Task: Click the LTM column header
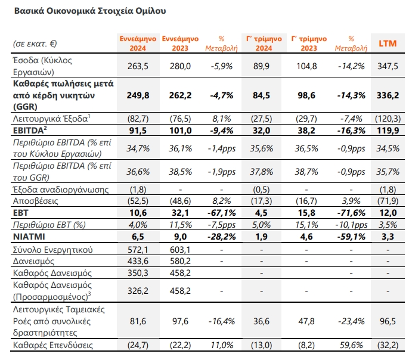[388, 44]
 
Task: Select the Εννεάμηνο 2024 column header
[138, 44]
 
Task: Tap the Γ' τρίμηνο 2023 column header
[309, 44]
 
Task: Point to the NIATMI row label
[29, 237]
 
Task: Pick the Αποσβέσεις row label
[35, 201]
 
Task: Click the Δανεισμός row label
[33, 261]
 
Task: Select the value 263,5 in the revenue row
[138, 66]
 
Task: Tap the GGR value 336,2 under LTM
[388, 95]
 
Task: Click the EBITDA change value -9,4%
[222, 131]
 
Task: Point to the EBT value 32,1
[180, 213]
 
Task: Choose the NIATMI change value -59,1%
[351, 237]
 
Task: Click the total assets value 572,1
[138, 250]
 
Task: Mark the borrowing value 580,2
[180, 261]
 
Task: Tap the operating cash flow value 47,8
[306, 321]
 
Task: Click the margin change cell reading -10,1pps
[351, 225]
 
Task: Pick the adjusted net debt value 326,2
[138, 291]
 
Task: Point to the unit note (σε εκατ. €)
[35, 44]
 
